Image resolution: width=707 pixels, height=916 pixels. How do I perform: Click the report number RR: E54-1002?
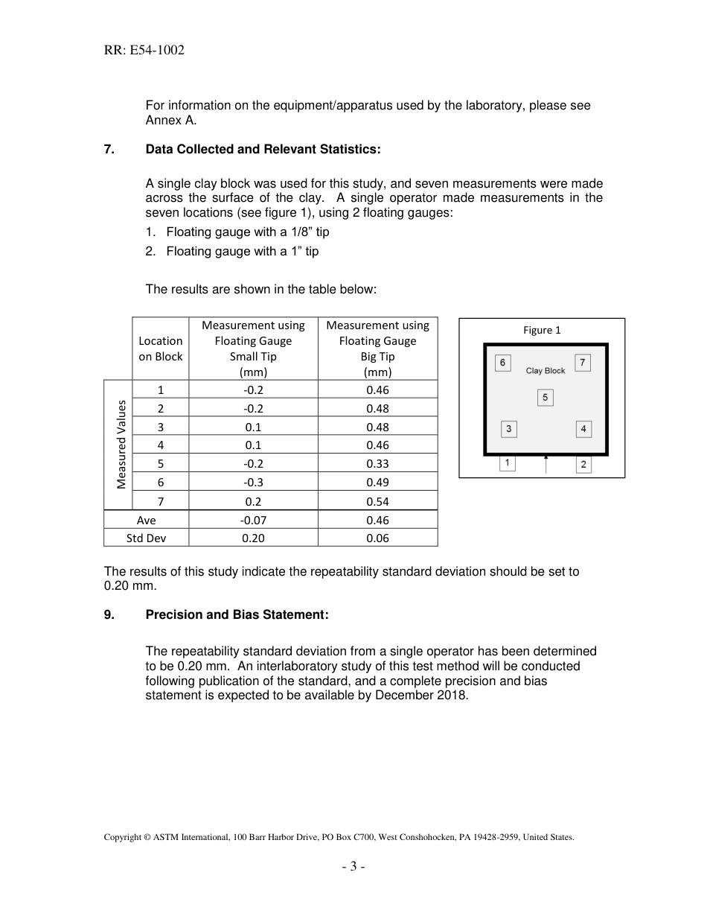(x=144, y=51)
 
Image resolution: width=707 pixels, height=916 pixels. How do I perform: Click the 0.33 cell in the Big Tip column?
(x=377, y=463)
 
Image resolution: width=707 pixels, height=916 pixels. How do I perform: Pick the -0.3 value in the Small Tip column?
(x=253, y=482)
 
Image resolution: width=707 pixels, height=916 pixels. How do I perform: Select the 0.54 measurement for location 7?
(x=377, y=501)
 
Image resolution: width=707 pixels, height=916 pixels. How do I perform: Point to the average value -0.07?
(x=253, y=520)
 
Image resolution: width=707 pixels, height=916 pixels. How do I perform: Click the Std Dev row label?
(x=146, y=538)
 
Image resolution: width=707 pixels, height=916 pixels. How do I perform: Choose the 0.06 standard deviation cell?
(x=377, y=538)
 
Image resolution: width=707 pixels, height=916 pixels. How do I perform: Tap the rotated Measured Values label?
(x=121, y=445)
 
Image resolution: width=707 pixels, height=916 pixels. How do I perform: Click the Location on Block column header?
(x=160, y=349)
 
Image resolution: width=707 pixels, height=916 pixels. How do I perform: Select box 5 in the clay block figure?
(x=545, y=398)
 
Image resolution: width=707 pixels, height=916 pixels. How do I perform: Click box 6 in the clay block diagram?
(x=502, y=363)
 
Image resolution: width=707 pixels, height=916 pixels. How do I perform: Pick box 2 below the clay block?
(x=583, y=465)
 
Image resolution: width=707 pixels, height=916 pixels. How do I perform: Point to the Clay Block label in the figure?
(x=546, y=370)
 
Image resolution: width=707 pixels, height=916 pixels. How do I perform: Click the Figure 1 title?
(x=542, y=330)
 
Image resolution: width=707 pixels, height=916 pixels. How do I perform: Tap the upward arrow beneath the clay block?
(x=546, y=463)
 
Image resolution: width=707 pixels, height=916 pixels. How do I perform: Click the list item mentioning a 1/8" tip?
(x=247, y=232)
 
